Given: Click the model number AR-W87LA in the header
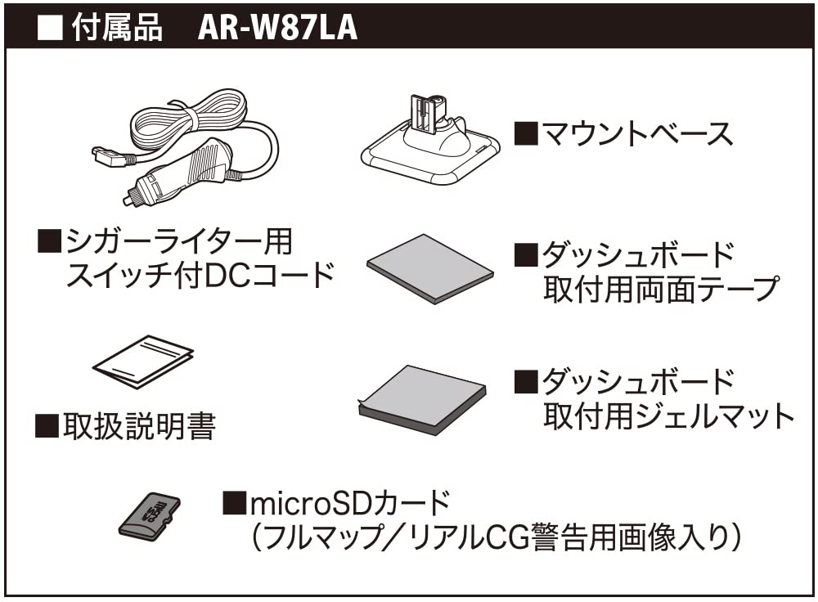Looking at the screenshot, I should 277,27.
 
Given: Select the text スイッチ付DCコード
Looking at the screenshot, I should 200,275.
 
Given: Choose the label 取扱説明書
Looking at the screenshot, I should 139,426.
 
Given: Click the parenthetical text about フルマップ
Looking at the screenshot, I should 495,537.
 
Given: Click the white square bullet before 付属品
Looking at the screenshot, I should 51,27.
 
